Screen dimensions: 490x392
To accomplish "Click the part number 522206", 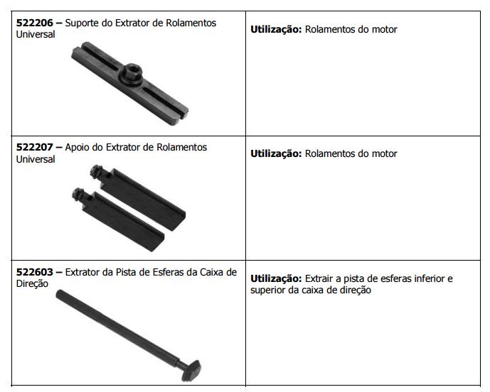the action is coord(35,23).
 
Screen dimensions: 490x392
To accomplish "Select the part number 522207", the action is coord(35,147).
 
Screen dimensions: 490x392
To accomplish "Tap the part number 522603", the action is coord(35,272).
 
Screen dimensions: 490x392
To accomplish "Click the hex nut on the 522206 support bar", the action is coord(132,73).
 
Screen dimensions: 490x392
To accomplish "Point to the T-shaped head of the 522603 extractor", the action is coord(191,370).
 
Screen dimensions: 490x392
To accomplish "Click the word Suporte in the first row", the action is coord(82,23).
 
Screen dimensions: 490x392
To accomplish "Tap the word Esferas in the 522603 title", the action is coord(168,273).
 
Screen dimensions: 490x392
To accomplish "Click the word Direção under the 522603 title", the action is coord(32,284).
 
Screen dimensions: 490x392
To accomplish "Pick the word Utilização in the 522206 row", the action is coord(276,30).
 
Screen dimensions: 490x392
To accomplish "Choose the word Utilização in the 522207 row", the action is coord(276,154).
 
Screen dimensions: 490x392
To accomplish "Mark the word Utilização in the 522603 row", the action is coord(276,278).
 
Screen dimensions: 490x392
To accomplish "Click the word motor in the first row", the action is coord(384,30).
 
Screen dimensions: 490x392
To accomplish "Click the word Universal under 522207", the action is coord(36,160).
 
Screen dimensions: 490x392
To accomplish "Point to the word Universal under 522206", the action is coord(36,34).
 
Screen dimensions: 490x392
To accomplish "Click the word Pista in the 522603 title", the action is coord(126,273).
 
